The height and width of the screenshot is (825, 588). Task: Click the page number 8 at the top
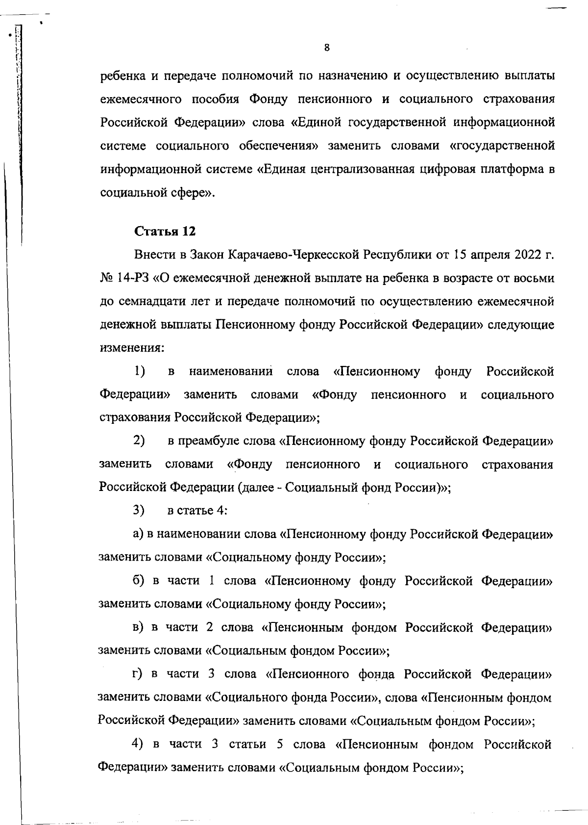click(x=327, y=48)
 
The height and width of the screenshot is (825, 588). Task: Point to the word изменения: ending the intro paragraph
click(x=131, y=348)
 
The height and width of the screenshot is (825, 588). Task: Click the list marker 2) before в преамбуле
click(x=139, y=440)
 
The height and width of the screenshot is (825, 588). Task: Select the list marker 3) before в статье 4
click(x=139, y=510)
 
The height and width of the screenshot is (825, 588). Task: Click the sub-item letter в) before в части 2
click(x=138, y=627)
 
